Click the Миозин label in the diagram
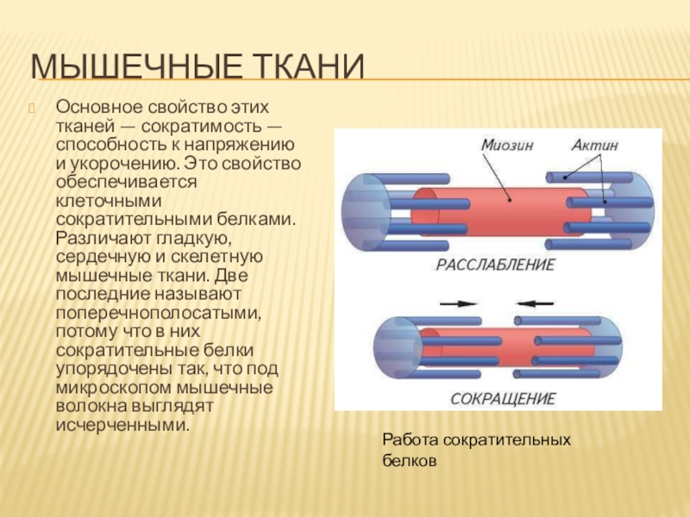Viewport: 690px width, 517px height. [507, 146]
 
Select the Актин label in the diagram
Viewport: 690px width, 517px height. [595, 146]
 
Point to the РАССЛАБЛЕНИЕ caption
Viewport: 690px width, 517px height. [497, 264]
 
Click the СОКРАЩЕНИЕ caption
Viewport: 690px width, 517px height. [503, 399]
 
